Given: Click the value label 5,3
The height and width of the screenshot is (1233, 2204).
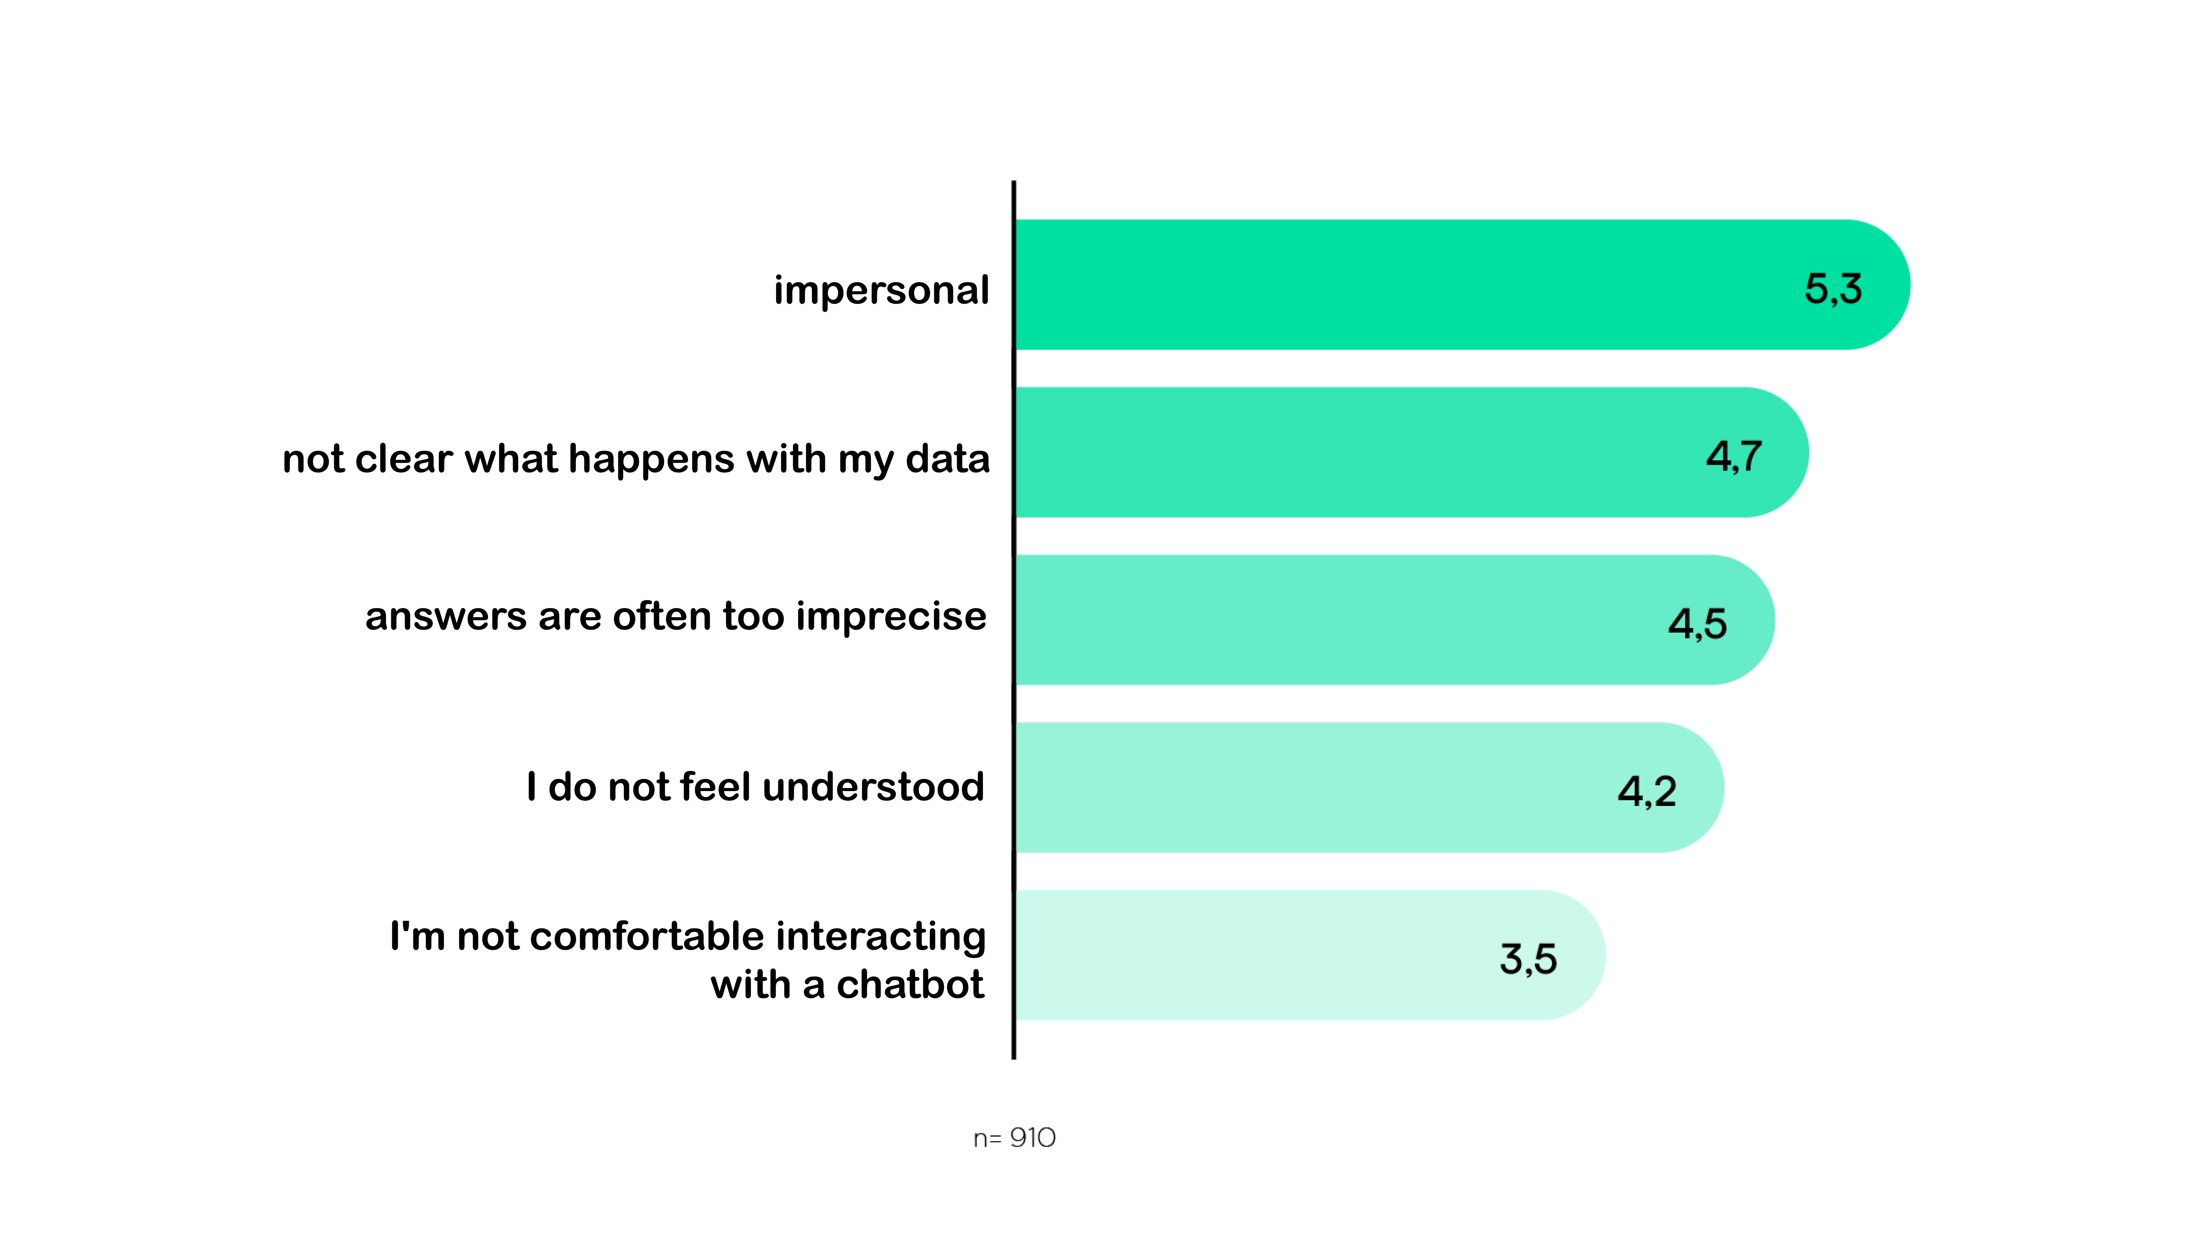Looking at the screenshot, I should click(x=1833, y=289).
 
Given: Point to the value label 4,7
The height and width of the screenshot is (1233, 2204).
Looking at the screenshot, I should click(x=1733, y=456).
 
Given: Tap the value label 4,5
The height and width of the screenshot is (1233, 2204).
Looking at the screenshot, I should click(x=1697, y=624).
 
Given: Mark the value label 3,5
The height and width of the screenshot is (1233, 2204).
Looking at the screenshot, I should click(x=1528, y=959).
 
